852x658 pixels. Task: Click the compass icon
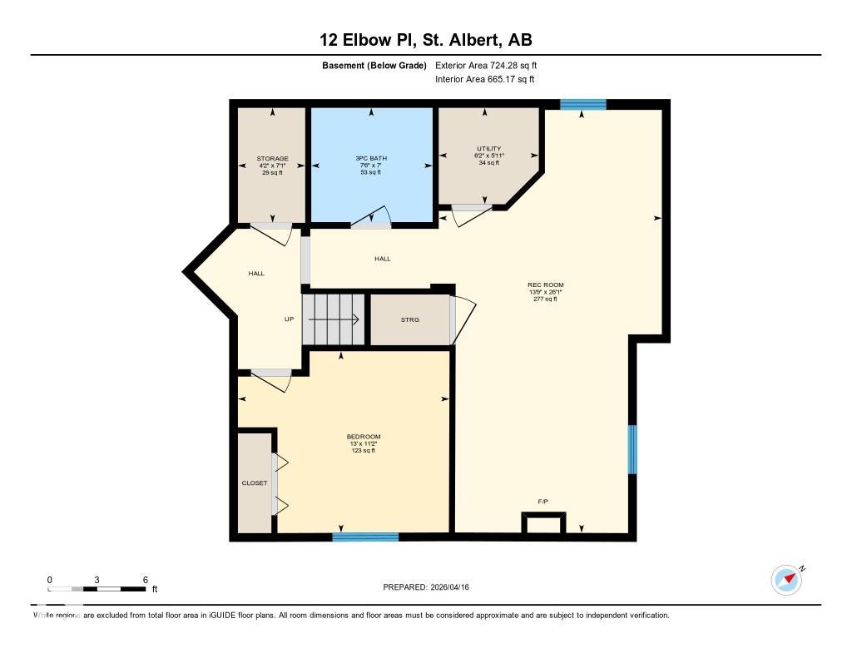787,580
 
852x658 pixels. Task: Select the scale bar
97,589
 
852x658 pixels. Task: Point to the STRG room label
410,319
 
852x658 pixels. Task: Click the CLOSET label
255,482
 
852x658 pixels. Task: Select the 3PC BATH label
371,158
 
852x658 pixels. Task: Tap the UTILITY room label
488,149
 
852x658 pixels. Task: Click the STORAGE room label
272,158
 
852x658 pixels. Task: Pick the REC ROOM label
546,285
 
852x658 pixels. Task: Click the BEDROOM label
364,437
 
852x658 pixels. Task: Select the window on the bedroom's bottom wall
365,537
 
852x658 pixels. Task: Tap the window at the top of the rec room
582,104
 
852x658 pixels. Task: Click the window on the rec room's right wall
632,449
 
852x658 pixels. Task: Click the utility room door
471,214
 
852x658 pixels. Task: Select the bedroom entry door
271,379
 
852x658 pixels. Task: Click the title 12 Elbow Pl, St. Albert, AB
425,39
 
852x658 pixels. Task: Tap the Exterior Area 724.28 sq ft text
492,65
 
